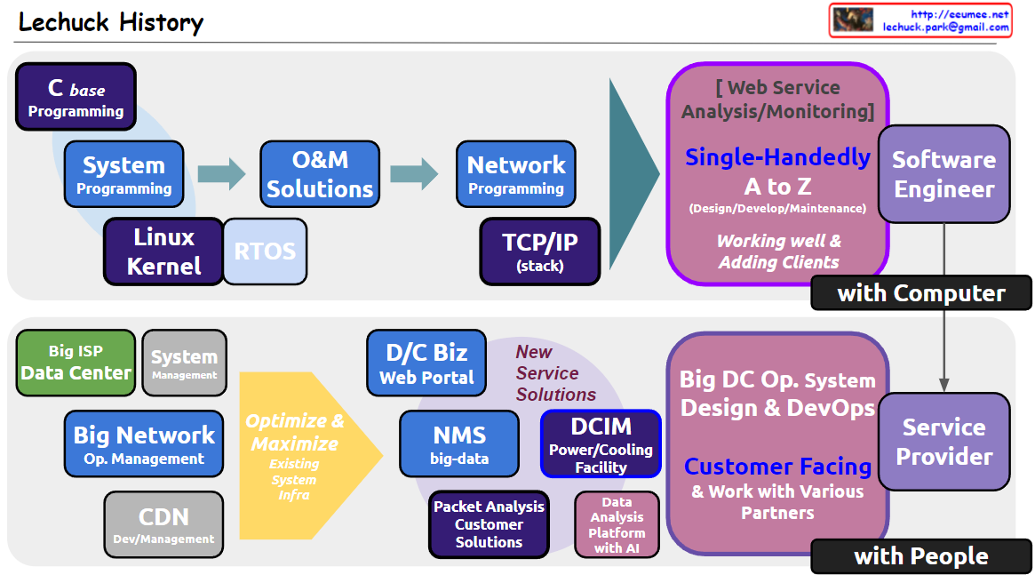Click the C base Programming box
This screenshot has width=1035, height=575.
coord(76,96)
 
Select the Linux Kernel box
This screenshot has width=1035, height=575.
coord(163,252)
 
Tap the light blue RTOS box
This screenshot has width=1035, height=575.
coord(266,252)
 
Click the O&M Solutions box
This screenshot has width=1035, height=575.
coord(320,174)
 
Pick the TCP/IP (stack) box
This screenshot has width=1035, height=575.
coord(540,252)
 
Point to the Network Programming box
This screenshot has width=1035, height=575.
coord(516,174)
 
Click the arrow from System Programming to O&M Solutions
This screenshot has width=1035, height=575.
coord(222,174)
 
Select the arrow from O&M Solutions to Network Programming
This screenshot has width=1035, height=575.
coord(415,174)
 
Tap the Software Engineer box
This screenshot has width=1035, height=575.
coord(943,174)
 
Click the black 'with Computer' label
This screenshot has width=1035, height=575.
coord(921,292)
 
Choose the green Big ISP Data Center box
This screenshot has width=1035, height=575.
coord(76,363)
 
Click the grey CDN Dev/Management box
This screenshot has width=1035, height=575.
coord(163,525)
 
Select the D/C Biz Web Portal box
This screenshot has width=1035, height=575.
coord(426,363)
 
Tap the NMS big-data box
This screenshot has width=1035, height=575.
coord(459,443)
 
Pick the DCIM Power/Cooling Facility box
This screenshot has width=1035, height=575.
coord(601,443)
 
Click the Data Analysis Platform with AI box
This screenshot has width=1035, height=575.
coord(617,525)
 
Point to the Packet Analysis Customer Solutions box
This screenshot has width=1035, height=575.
coord(490,525)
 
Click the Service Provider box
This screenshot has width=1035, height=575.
coord(943,442)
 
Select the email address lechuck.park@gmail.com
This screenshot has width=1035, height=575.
coord(946,27)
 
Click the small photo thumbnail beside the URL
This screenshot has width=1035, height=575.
coord(853,20)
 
